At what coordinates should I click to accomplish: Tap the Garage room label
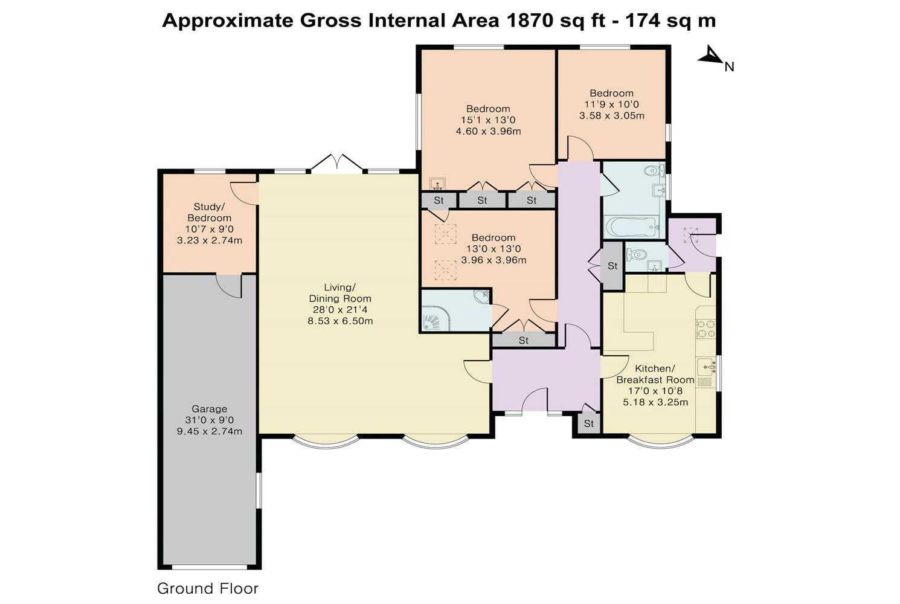click(210, 409)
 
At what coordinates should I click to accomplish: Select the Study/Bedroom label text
click(210, 212)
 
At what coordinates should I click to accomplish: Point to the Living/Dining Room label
click(340, 293)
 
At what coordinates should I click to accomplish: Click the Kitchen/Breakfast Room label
click(655, 374)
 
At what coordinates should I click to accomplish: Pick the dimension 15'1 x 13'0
click(488, 120)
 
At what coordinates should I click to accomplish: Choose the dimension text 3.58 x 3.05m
click(611, 116)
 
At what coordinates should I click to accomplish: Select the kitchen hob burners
click(706, 329)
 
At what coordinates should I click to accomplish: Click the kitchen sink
click(706, 367)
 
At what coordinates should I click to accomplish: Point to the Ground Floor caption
click(208, 588)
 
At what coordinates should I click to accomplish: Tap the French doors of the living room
click(336, 164)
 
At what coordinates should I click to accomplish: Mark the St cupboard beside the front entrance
click(589, 423)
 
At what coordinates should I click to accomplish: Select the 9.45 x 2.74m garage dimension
click(210, 431)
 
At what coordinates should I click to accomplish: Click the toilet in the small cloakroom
click(637, 254)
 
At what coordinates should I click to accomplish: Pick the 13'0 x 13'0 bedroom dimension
click(493, 249)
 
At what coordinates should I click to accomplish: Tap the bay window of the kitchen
click(661, 442)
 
